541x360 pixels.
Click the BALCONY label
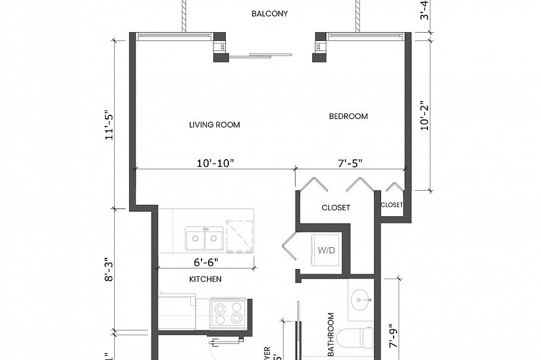(x=269, y=13)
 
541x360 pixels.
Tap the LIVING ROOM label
(x=215, y=125)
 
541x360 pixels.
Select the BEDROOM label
(x=348, y=116)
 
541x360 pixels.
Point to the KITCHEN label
(x=205, y=279)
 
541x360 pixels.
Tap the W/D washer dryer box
(x=326, y=250)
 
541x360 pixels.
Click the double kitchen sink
(x=205, y=238)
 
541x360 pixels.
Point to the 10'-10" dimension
(x=215, y=163)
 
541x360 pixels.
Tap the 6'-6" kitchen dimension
(x=205, y=261)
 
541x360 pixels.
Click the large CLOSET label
(x=336, y=208)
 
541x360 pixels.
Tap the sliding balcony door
(x=262, y=56)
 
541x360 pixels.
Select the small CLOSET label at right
(x=392, y=205)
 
